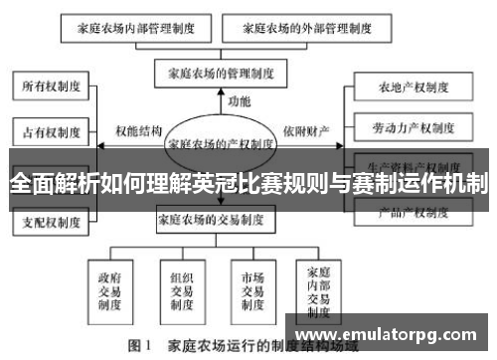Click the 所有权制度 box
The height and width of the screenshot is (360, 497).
pos(51,88)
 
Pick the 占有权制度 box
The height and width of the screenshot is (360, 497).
pos(51,130)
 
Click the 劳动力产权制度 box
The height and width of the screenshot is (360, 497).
pos(413,129)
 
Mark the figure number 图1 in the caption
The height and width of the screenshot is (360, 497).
pos(138,348)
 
